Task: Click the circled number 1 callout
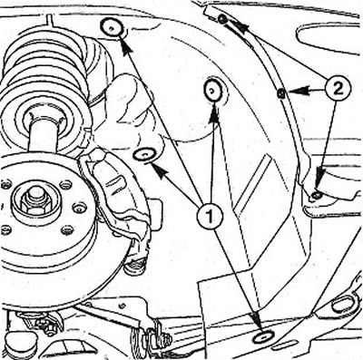point(210,216)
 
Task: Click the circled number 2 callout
point(338,89)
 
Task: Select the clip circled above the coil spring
point(112,28)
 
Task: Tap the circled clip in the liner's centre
point(213,89)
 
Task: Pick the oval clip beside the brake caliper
point(144,155)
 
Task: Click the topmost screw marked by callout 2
point(221,20)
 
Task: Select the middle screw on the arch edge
point(280,93)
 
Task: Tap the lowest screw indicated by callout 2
point(317,196)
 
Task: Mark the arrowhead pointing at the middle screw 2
point(294,90)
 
